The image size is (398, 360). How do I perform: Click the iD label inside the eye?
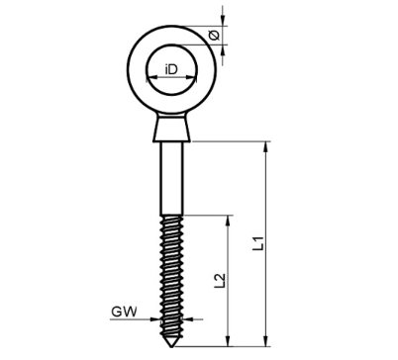(170, 69)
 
